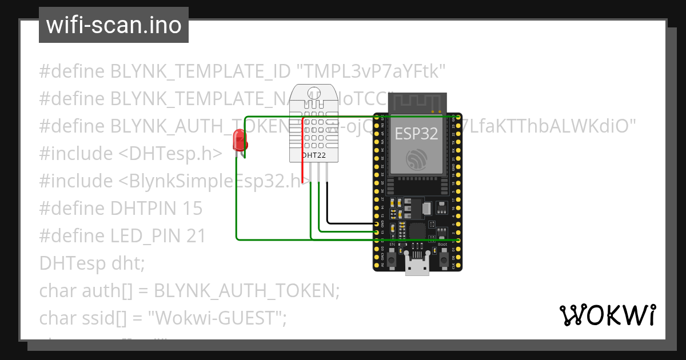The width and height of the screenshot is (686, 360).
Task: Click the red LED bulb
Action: (238, 140)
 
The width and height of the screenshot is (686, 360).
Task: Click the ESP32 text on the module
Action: (416, 134)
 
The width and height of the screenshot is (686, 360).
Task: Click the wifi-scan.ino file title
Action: (113, 25)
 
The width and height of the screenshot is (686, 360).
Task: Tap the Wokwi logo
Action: (607, 315)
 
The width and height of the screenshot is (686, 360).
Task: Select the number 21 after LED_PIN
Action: (196, 236)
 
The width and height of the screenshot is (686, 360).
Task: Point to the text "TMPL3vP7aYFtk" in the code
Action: (371, 71)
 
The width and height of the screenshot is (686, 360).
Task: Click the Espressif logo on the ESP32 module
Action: (416, 160)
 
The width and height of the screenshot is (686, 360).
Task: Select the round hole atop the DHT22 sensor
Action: (314, 94)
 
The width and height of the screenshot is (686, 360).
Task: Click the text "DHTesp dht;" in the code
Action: (92, 263)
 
